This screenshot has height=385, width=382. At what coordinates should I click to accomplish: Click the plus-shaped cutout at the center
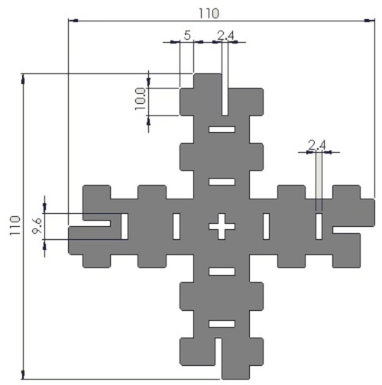coord(222,225)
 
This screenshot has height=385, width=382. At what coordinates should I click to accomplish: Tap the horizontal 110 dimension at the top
coord(208,13)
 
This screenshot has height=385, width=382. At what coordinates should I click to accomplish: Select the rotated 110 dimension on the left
coord(13,226)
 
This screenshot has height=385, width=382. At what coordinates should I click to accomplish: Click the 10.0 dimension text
coord(140,99)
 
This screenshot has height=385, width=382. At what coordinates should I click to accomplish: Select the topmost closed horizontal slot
coord(222,129)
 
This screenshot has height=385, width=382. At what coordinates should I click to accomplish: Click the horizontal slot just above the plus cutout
coord(222,181)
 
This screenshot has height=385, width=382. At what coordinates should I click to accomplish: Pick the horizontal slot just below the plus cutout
coord(222,271)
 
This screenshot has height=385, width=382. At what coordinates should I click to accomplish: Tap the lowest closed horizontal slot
coord(222,323)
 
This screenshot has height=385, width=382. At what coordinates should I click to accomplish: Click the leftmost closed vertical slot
coord(125,226)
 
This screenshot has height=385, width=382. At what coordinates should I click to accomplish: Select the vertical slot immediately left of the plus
coord(176,226)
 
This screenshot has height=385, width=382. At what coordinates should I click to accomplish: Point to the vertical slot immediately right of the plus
coord(267,226)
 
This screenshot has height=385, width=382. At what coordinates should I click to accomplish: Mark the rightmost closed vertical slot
coord(319,226)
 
